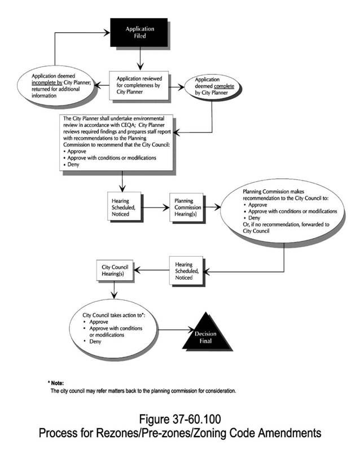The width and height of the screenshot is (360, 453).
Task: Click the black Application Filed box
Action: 139,32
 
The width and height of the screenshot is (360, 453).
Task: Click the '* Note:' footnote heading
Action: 57,382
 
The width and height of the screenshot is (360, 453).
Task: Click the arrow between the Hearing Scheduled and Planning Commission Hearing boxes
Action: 154,207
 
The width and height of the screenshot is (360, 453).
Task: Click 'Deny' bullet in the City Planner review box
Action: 73,165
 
